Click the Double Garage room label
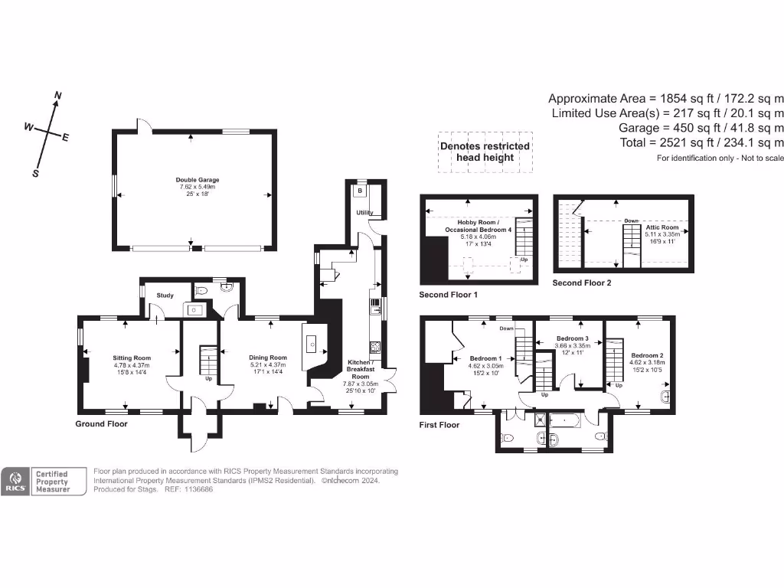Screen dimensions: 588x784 tap(198, 181)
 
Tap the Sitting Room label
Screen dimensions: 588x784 tap(132, 358)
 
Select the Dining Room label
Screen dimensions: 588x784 tap(268, 358)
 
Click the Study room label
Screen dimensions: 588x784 tap(165, 295)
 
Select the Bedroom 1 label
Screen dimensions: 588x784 tap(485, 358)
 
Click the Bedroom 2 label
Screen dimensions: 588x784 tap(648, 355)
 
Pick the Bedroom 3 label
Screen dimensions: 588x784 tap(572, 338)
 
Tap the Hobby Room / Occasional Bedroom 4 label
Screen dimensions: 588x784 tap(478, 226)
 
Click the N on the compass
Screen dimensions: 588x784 tap(58, 96)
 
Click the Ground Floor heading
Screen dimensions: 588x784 tap(101, 423)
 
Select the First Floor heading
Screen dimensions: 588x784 tap(439, 424)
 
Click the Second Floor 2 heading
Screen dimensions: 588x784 tap(582, 283)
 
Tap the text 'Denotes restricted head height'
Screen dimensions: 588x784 tap(484, 152)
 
